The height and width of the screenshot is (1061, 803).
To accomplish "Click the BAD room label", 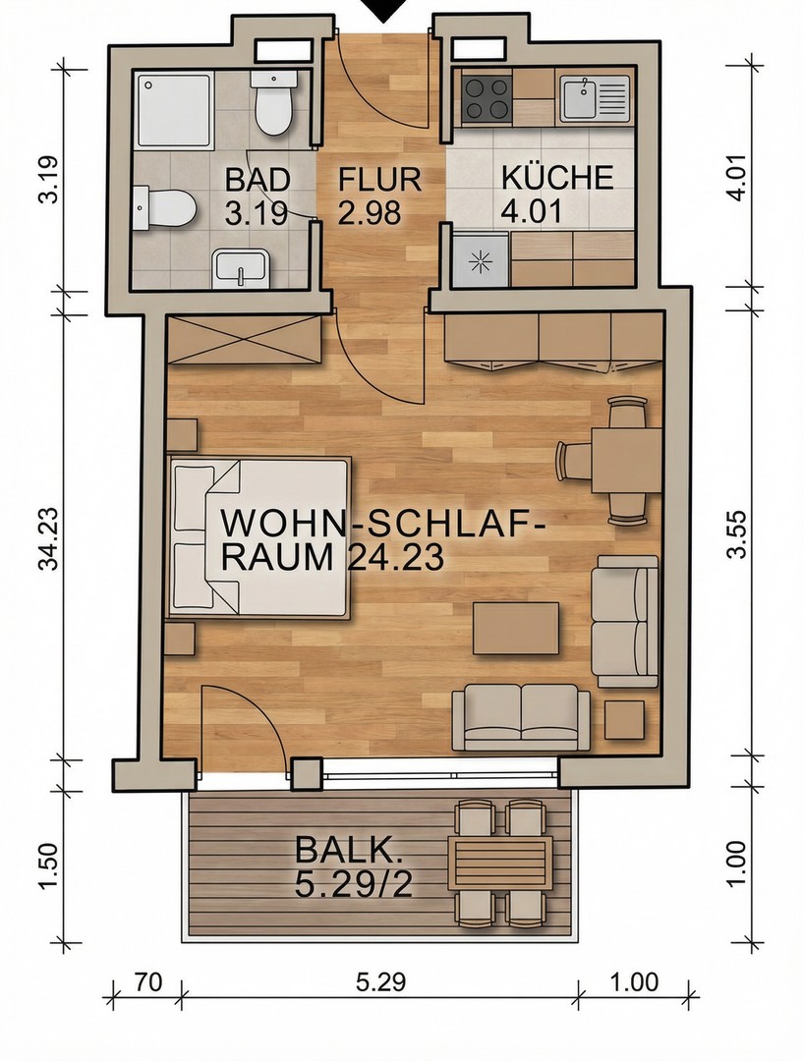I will (x=258, y=180).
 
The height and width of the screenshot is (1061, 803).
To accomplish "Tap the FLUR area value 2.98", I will (x=369, y=212).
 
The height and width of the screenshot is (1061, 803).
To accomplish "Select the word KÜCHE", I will (x=556, y=179).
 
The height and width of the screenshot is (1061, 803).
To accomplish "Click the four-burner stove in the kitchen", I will (x=486, y=97).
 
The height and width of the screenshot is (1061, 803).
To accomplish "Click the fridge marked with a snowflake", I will (x=480, y=261).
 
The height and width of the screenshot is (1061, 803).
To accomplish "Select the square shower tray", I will (x=173, y=109).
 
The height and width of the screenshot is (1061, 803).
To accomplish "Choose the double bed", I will (x=259, y=535).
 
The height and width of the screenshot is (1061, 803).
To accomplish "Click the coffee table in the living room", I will (x=516, y=628).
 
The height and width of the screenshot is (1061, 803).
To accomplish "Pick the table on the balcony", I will (x=497, y=863).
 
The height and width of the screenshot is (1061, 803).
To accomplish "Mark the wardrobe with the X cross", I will (x=243, y=339).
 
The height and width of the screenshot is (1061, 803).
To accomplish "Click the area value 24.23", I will (x=395, y=557).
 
